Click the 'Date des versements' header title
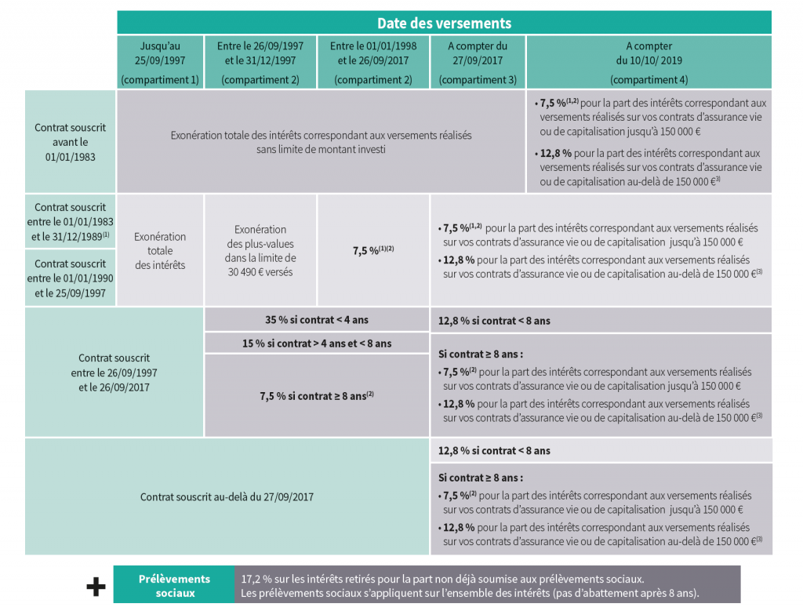444,23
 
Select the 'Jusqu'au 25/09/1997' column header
160,62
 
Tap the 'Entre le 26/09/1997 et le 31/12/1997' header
260,62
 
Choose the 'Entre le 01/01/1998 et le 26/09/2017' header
373,62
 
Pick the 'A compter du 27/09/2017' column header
478,62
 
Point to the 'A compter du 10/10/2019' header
649,62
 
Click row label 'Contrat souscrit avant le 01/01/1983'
70,142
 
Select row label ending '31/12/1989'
70,222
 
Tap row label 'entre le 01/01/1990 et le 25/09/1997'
70,278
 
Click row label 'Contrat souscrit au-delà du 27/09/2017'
227,496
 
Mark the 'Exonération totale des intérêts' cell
160,250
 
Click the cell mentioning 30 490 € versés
260,250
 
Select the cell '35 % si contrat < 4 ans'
317,320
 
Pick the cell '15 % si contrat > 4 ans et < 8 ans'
317,343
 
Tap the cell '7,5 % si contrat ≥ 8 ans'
317,395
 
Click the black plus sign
96,587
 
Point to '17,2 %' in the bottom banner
256,579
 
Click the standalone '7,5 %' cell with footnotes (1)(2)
373,250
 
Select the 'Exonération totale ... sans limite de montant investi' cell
321,142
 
